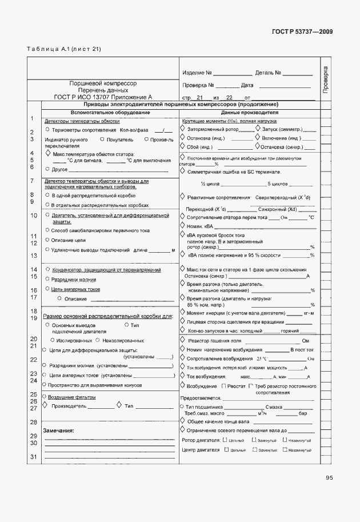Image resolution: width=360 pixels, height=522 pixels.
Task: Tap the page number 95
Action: pyautogui.click(x=329, y=478)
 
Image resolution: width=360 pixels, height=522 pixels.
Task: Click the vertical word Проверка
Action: pyautogui.click(x=325, y=81)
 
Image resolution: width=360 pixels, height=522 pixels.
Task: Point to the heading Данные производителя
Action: pyautogui.click(x=245, y=113)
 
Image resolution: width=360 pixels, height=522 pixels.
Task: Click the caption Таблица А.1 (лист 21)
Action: pyautogui.click(x=63, y=49)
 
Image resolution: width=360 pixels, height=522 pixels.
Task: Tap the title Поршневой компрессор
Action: pyautogui.click(x=103, y=83)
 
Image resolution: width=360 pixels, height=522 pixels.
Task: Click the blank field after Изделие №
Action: pyautogui.click(x=233, y=74)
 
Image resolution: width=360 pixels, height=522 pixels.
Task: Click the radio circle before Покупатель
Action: pyautogui.click(x=102, y=139)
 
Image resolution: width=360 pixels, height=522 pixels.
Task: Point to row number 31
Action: pyautogui.click(x=33, y=456)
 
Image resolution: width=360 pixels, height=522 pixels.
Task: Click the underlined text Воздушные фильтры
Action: pyautogui.click(x=71, y=397)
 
